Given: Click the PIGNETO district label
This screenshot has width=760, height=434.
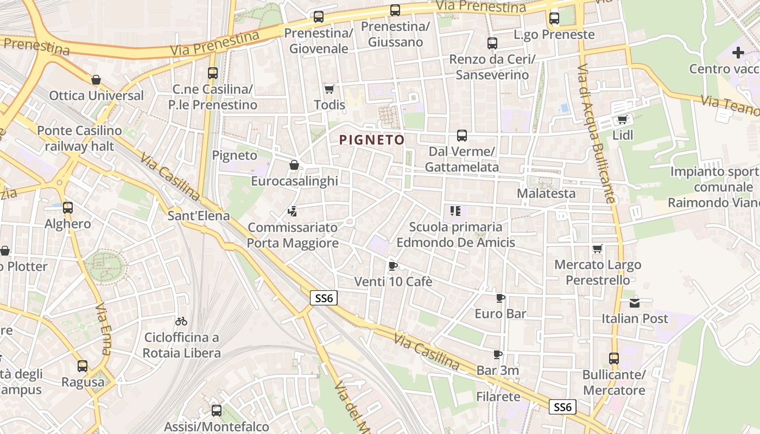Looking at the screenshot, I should [372, 140].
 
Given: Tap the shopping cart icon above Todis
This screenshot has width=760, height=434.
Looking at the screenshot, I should [329, 89].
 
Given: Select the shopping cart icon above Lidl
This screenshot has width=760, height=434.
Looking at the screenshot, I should [622, 119].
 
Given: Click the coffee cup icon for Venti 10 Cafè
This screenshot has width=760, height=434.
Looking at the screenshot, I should [393, 266].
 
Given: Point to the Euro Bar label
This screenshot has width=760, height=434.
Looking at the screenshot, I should [500, 314].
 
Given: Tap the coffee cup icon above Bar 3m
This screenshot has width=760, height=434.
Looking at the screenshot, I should [497, 354].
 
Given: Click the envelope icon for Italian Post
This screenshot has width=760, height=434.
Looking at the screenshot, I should [634, 303].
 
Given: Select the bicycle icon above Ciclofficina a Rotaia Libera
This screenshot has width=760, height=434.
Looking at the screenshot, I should [181, 321].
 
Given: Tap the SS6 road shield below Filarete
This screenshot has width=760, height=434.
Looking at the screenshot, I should [562, 407].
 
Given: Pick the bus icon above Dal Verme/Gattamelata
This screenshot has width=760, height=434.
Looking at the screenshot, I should [461, 135].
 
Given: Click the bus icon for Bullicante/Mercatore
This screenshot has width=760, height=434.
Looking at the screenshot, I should [613, 359].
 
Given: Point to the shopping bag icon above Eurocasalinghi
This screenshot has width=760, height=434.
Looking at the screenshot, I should [294, 165].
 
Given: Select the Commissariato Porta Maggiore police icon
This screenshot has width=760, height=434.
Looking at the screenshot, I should [293, 211].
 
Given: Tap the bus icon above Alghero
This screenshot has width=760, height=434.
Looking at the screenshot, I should [67, 208].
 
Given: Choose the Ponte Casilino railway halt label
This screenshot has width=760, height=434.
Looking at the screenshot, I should [79, 138].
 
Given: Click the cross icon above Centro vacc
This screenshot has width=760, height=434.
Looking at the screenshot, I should [738, 53].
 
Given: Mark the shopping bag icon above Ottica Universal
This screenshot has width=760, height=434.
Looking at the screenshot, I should [96, 80].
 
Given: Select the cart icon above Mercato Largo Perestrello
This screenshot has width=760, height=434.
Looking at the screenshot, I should [597, 249].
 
